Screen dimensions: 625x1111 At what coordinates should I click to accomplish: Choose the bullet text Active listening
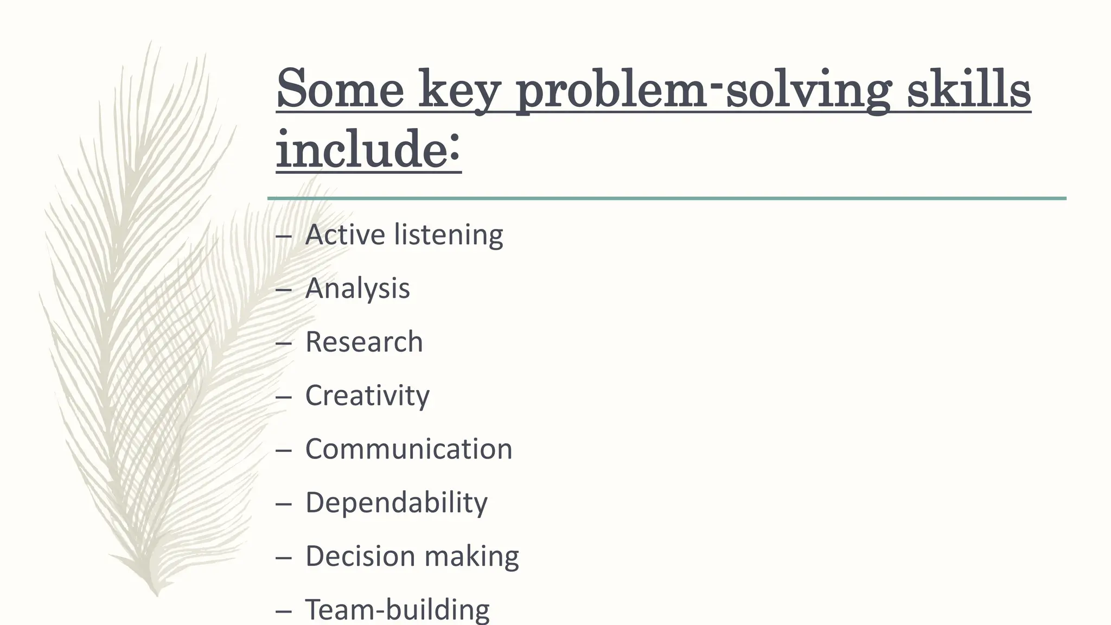coord(404,235)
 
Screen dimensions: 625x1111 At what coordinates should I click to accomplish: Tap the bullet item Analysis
coord(357,288)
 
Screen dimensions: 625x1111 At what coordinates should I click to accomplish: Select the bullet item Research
coord(364,342)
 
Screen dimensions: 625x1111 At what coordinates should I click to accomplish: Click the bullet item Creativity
coord(367,396)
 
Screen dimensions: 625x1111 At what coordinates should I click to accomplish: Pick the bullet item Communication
coord(408,449)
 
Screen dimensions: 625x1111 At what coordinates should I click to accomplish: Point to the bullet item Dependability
coord(397,503)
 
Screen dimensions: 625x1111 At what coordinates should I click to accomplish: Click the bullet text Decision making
coord(412,557)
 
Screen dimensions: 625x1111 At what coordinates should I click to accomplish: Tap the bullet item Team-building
coord(397,610)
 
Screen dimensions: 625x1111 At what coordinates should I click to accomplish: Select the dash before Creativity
coord(283,397)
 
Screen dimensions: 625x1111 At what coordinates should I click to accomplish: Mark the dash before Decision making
coord(283,558)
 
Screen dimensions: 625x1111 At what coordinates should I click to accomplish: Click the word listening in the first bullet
coord(449,235)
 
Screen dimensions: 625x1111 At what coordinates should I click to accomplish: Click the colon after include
coord(455,149)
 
